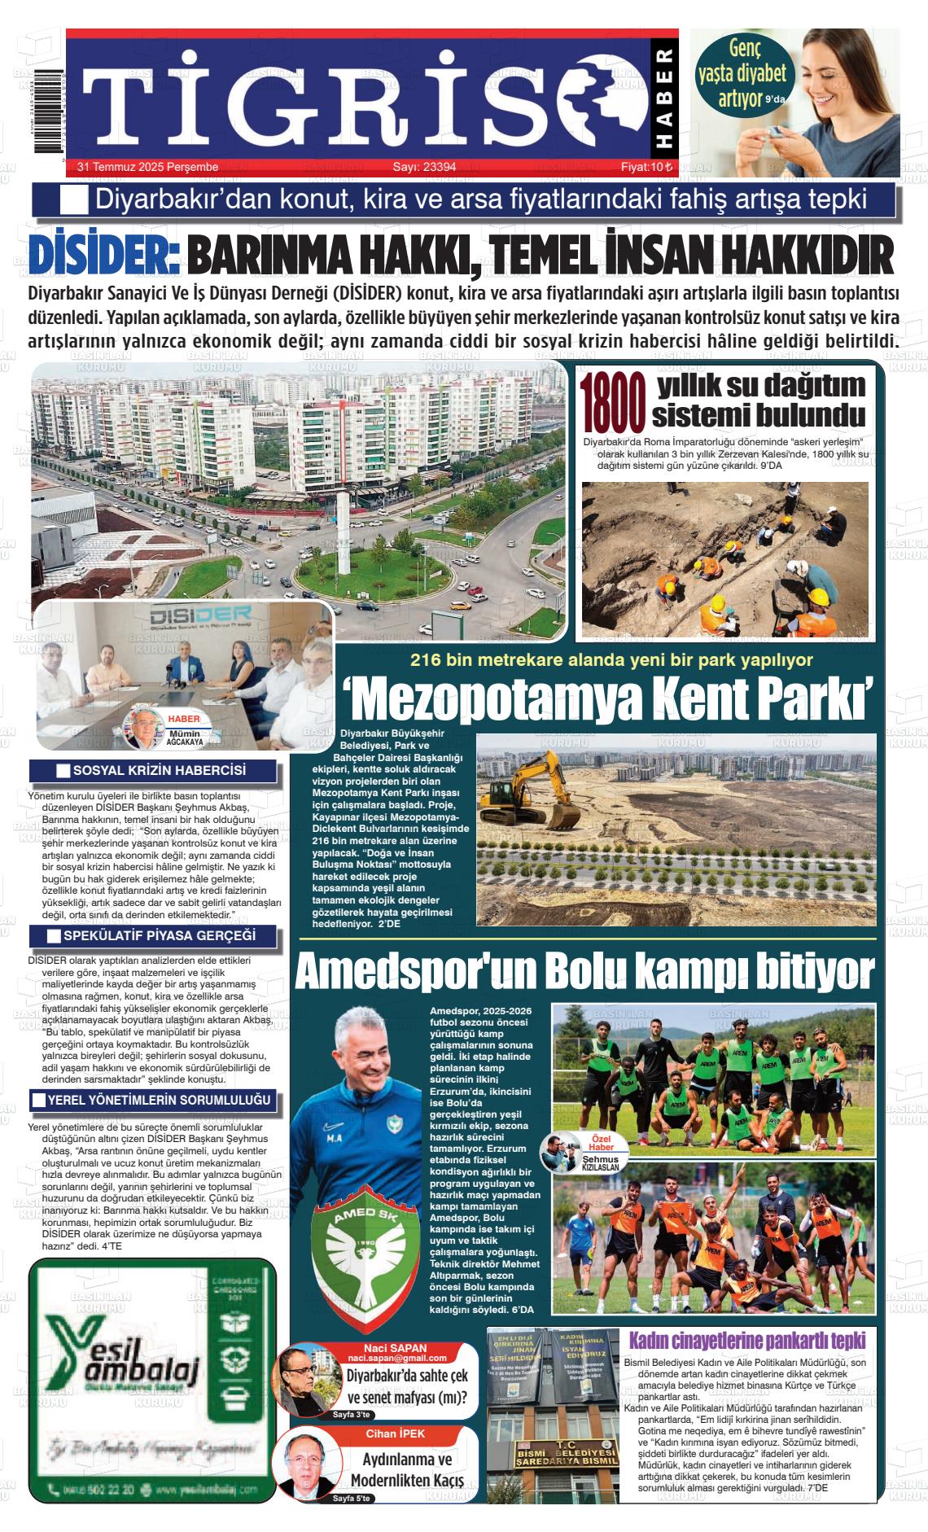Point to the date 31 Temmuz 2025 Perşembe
tap(147, 168)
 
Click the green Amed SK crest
tap(359, 1258)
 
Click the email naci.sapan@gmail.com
tap(396, 1359)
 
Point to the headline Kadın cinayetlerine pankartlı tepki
tap(747, 1341)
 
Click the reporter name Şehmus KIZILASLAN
tap(601, 1162)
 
